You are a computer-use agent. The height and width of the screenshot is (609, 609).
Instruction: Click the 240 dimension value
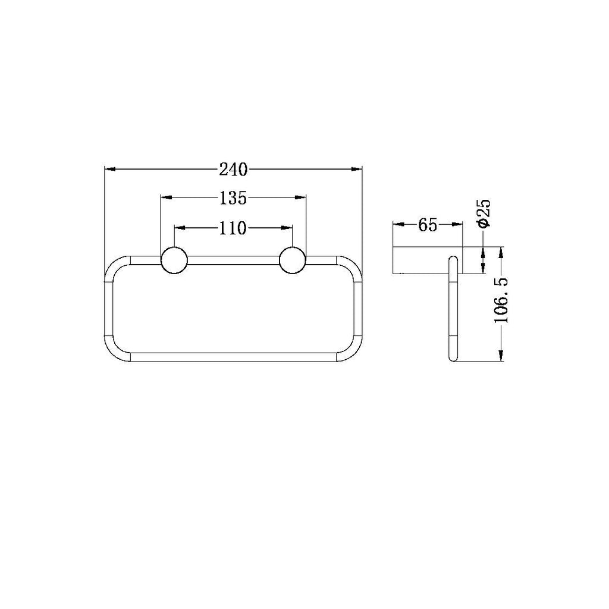click(233, 169)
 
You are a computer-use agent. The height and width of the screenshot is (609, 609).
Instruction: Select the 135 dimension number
click(233, 198)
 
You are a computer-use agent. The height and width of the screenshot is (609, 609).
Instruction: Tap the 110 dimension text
click(233, 228)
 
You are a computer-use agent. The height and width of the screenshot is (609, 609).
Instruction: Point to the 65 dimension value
click(428, 225)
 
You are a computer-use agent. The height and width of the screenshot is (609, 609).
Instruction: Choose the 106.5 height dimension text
click(501, 300)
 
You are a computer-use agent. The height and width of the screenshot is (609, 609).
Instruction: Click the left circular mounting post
click(174, 260)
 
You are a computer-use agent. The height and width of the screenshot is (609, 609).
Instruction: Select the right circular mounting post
click(293, 260)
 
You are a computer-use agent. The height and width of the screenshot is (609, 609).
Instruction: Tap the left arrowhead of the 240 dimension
click(110, 169)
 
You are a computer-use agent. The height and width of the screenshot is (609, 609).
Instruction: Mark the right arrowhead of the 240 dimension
click(357, 169)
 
